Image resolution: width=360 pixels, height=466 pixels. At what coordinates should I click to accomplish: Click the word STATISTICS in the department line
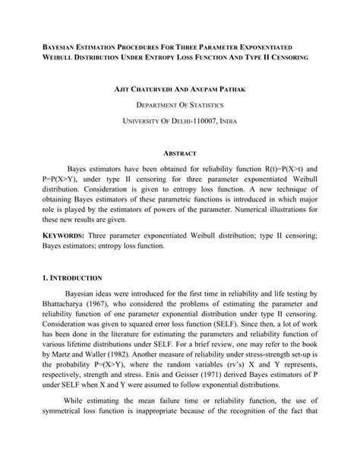click(x=205, y=105)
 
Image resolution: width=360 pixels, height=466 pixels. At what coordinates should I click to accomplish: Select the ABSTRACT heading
click(x=179, y=153)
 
